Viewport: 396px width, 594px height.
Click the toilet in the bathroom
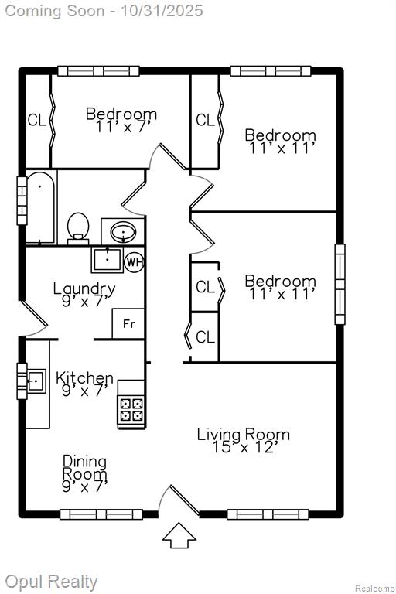[78, 228]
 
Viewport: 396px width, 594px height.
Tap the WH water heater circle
[135, 261]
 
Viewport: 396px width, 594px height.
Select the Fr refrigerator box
[128, 323]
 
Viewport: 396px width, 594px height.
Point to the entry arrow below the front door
[179, 535]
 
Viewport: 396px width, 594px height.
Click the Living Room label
[244, 434]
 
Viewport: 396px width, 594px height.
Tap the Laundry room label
[84, 288]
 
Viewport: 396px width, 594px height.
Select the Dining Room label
[85, 467]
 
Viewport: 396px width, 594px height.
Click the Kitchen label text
[84, 377]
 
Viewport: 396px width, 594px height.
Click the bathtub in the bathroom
[41, 207]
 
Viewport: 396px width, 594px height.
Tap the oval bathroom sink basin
[123, 231]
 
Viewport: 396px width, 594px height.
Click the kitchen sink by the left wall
[36, 381]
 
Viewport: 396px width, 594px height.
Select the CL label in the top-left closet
[37, 121]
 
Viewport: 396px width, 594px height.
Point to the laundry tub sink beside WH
[108, 260]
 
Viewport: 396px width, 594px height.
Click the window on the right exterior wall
[340, 284]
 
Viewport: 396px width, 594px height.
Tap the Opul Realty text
[51, 582]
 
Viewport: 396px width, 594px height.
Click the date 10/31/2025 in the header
[162, 10]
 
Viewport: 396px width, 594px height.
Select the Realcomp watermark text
[374, 589]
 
